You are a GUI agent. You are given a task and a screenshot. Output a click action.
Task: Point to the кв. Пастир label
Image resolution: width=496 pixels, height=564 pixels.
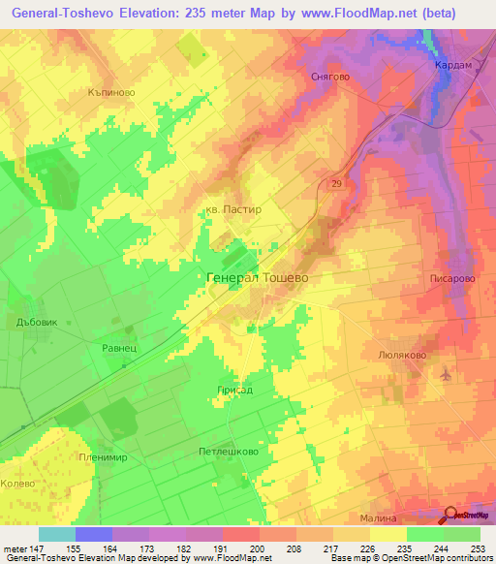pos(233,208)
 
